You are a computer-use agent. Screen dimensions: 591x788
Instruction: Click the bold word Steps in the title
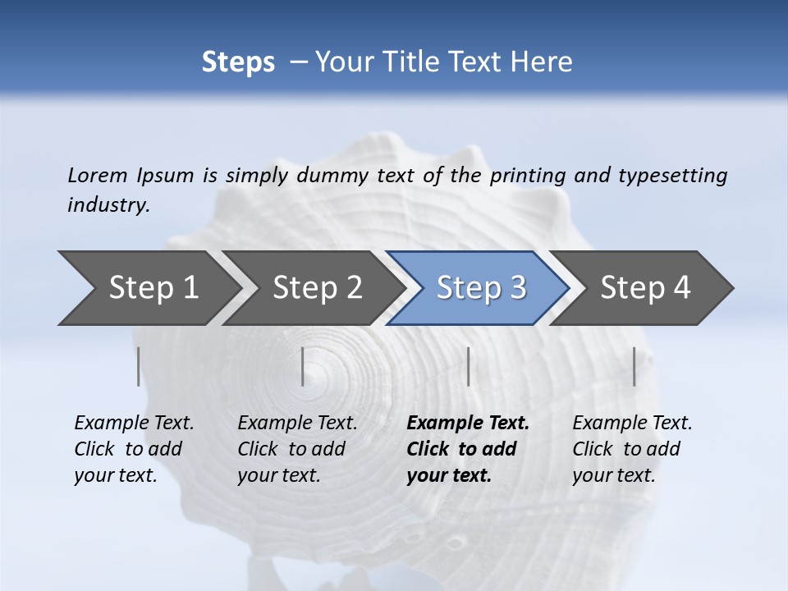[x=238, y=62]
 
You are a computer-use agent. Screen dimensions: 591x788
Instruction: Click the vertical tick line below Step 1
[x=139, y=366]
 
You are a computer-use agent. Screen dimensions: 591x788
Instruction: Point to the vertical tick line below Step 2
[x=303, y=366]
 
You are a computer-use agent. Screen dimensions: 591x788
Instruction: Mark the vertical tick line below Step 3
[x=468, y=366]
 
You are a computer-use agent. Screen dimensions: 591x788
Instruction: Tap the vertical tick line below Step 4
[x=634, y=366]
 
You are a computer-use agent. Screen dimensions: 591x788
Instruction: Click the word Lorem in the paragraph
[x=98, y=175]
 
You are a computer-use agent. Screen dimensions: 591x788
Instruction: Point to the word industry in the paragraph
[x=108, y=204]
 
